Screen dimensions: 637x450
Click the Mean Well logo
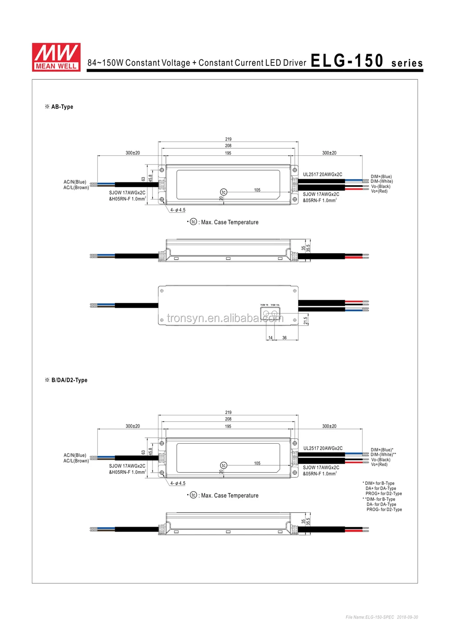click(x=56, y=57)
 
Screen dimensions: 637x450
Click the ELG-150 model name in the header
click(x=347, y=61)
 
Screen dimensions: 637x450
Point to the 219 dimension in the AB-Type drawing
click(x=228, y=139)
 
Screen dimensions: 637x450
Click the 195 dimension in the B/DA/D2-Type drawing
click(x=228, y=426)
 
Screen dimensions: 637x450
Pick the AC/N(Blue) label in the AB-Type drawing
click(x=75, y=182)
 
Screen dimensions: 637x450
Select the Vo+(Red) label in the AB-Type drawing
click(x=379, y=191)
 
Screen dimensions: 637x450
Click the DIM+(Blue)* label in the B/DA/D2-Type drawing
click(x=382, y=450)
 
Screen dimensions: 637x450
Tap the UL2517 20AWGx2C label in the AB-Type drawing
click(x=322, y=174)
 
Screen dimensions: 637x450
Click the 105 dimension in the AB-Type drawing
click(x=257, y=190)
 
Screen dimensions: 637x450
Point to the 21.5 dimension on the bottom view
click(x=306, y=320)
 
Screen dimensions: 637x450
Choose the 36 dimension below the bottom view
click(x=284, y=337)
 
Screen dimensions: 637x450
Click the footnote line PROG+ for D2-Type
click(x=383, y=494)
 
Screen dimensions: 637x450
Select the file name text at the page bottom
click(x=382, y=617)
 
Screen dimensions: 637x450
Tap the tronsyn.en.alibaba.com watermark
click(x=225, y=318)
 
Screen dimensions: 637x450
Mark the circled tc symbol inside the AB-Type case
click(x=224, y=192)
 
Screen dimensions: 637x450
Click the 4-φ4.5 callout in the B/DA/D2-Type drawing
click(x=178, y=483)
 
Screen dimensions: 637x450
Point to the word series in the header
click(x=407, y=64)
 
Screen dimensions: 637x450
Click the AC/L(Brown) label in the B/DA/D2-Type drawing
click(x=76, y=461)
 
